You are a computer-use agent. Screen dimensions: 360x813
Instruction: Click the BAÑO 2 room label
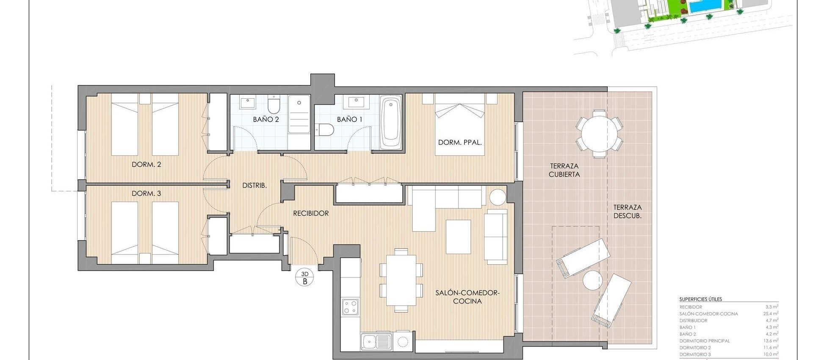click(266, 119)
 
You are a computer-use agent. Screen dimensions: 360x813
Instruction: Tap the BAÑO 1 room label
click(349, 119)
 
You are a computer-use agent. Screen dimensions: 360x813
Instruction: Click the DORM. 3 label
click(147, 194)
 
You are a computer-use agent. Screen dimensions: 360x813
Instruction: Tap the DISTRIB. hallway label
click(254, 186)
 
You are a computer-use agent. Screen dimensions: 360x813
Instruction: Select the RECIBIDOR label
click(311, 213)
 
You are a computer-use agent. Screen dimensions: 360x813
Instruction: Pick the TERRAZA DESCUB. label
click(628, 211)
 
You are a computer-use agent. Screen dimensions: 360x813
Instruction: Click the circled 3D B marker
click(304, 278)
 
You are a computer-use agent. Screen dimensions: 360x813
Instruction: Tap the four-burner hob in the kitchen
click(350, 307)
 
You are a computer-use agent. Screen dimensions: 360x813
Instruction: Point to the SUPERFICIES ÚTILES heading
click(700, 299)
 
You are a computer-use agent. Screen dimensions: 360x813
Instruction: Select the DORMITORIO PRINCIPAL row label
click(705, 341)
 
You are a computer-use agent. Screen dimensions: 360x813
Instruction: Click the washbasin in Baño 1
click(356, 101)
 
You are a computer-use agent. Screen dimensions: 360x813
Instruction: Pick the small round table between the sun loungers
click(592, 280)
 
